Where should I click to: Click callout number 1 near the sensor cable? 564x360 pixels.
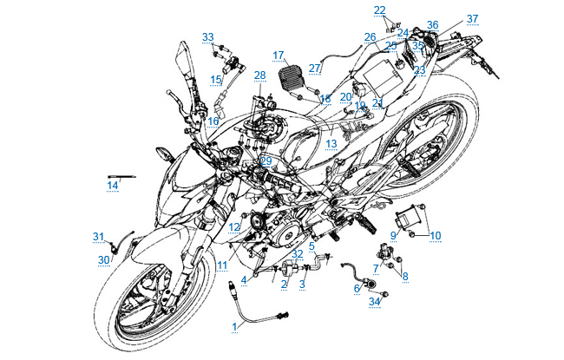click(233, 325)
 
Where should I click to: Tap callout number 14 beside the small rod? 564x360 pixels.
click(113, 185)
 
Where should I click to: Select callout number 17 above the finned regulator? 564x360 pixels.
click(279, 55)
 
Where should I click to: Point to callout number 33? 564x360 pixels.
click(207, 36)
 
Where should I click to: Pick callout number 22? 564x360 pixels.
click(380, 10)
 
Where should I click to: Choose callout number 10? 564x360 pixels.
click(436, 235)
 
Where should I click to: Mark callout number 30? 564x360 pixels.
click(103, 260)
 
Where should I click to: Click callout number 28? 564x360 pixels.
click(259, 76)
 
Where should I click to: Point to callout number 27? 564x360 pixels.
click(315, 67)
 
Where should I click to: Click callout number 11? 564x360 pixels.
click(222, 265)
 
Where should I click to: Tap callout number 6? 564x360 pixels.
click(356, 288)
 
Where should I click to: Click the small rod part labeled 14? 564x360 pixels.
click(121, 175)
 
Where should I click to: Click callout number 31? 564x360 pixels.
click(98, 236)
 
